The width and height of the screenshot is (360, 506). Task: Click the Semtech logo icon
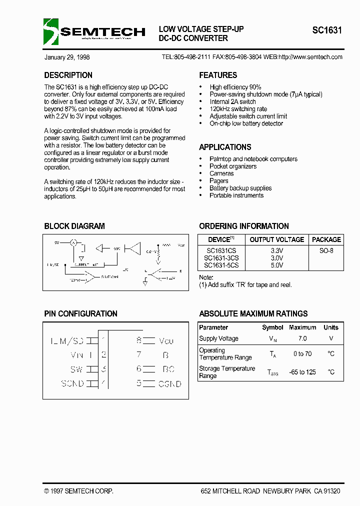pyautogui.click(x=51, y=31)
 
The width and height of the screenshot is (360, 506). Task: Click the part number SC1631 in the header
pyautogui.click(x=327, y=30)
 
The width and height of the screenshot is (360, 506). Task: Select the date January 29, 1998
pyautogui.click(x=67, y=57)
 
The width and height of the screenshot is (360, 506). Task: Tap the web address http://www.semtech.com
pyautogui.click(x=309, y=57)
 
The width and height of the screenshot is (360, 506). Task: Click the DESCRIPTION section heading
pyautogui.click(x=68, y=75)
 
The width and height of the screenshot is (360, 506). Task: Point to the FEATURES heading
pyautogui.click(x=218, y=75)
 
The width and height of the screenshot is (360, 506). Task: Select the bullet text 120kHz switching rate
pyautogui.click(x=238, y=109)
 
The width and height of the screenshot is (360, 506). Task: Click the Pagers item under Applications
pyautogui.click(x=218, y=181)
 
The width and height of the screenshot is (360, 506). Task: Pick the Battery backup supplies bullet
pyautogui.click(x=240, y=188)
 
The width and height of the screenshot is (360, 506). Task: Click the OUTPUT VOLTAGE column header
pyautogui.click(x=276, y=239)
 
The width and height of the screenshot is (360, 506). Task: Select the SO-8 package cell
pyautogui.click(x=326, y=250)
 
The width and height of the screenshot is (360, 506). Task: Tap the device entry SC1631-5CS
pyautogui.click(x=221, y=265)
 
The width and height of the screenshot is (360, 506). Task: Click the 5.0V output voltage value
pyautogui.click(x=276, y=265)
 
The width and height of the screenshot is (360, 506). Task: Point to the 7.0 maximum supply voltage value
pyautogui.click(x=302, y=338)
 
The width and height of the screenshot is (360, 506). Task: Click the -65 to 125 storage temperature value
pyautogui.click(x=302, y=372)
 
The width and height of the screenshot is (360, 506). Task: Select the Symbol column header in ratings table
pyautogui.click(x=272, y=327)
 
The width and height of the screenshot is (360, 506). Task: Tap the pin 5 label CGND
pyautogui.click(x=169, y=384)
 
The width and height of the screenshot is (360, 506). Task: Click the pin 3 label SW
pyautogui.click(x=76, y=369)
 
